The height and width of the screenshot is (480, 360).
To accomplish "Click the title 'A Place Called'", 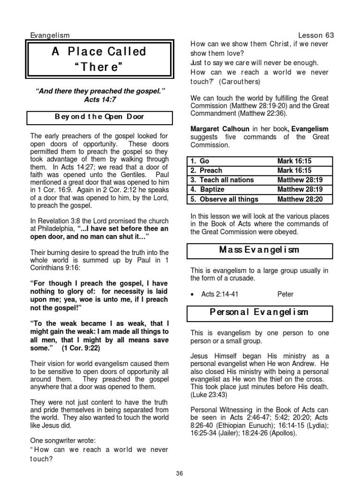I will (99, 52).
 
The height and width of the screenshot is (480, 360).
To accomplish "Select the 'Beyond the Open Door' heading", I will (99, 117).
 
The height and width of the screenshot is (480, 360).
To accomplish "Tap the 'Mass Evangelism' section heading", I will (260, 250).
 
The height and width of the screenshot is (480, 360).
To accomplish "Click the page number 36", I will (179, 473).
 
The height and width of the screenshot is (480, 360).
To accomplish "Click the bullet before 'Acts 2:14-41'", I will (194, 294).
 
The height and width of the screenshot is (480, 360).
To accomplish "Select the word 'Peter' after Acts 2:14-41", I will (285, 294).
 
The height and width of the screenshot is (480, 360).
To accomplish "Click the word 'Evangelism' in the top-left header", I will (50, 35).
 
